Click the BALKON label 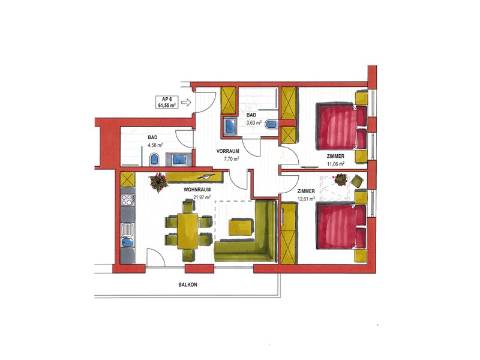(188, 284)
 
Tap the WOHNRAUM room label (197, 190)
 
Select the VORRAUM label (228, 151)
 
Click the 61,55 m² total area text (167, 106)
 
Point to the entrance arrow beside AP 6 (186, 102)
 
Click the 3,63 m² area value (254, 123)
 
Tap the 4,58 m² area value (155, 145)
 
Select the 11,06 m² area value (336, 164)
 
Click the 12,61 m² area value (307, 199)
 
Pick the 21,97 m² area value (202, 197)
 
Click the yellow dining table (188, 231)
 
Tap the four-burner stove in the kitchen (127, 200)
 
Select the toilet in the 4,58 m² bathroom (154, 160)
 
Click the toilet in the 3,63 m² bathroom (272, 125)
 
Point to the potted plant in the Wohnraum (158, 182)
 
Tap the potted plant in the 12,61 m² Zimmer (341, 179)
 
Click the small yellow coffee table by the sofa (242, 227)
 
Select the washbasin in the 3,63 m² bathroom (230, 127)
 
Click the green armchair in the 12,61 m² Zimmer (357, 181)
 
